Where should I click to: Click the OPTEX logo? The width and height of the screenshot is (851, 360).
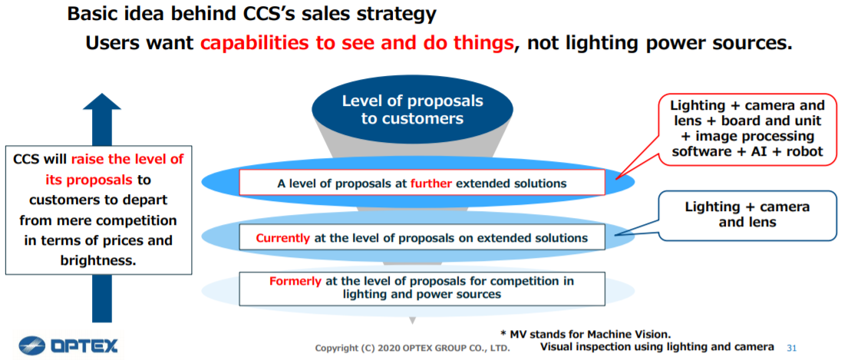(68, 345)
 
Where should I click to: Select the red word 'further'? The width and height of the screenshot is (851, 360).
(431, 183)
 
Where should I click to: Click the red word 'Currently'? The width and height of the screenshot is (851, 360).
(282, 238)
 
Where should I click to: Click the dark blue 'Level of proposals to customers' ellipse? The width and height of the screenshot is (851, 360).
(412, 110)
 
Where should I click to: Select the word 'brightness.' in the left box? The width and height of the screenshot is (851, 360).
(97, 260)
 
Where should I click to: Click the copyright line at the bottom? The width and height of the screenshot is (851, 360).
(413, 348)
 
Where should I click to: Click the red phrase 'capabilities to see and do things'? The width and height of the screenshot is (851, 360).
(357, 43)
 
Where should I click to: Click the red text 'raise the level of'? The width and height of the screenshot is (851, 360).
(127, 159)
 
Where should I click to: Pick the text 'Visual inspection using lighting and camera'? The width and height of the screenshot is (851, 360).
(657, 346)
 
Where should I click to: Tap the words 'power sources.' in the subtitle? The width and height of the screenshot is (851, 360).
(721, 43)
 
